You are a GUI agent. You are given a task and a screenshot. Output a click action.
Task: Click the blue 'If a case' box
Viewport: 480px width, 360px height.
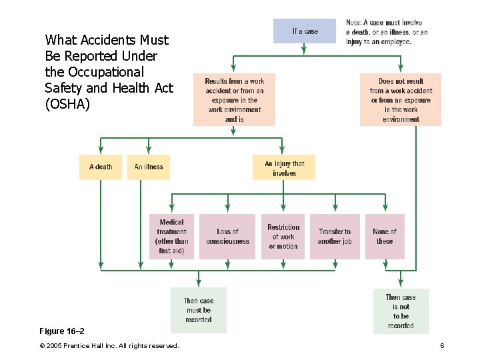pyautogui.click(x=305, y=31)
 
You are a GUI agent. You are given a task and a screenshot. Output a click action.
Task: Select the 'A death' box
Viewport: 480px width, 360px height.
pyautogui.click(x=101, y=167)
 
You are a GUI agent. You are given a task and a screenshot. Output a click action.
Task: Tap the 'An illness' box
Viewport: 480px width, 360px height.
pyautogui.click(x=149, y=167)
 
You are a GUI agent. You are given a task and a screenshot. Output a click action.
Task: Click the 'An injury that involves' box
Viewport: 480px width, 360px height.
pyautogui.click(x=283, y=168)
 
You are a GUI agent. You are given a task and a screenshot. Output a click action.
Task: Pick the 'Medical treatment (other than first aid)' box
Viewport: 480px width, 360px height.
pyautogui.click(x=172, y=237)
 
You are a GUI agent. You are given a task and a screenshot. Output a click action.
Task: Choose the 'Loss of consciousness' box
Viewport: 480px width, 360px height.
pyautogui.click(x=227, y=237)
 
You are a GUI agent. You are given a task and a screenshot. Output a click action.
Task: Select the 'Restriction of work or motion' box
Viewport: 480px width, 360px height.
pyautogui.click(x=283, y=237)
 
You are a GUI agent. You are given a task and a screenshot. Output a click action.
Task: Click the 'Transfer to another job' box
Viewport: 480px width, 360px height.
pyautogui.click(x=335, y=237)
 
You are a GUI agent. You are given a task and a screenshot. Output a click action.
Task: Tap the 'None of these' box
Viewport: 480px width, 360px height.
pyautogui.click(x=385, y=237)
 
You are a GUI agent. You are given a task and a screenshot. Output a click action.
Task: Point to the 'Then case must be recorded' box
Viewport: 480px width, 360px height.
pyautogui.click(x=199, y=310)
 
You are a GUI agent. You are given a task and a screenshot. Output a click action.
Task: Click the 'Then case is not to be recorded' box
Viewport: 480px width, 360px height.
pyautogui.click(x=401, y=311)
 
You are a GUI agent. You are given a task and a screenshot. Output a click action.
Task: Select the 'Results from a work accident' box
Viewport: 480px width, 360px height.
pyautogui.click(x=234, y=100)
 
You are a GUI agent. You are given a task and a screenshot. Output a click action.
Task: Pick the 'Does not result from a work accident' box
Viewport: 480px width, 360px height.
pyautogui.click(x=401, y=100)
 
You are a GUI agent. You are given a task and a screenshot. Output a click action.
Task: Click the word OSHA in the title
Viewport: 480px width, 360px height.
pyautogui.click(x=67, y=104)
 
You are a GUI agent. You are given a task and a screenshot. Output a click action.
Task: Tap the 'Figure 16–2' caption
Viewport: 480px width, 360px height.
pyautogui.click(x=62, y=331)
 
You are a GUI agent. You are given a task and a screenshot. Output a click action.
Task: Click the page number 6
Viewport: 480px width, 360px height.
pyautogui.click(x=442, y=345)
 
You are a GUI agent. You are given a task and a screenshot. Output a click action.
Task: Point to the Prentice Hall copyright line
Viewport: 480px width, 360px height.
pyautogui.click(x=109, y=345)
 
